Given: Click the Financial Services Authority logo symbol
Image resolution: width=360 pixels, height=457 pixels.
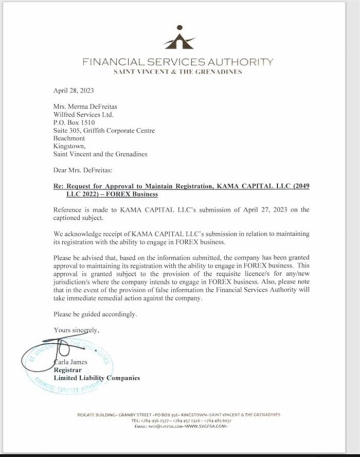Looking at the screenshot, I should [x=179, y=38].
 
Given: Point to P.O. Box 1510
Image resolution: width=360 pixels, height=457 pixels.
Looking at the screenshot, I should [x=74, y=122].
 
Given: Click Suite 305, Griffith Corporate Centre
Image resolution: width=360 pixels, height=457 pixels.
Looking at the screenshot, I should [x=104, y=131].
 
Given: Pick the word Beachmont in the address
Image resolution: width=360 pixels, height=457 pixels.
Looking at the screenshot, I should [x=69, y=138].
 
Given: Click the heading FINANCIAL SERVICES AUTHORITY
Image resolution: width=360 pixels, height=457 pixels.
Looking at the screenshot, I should [x=177, y=62].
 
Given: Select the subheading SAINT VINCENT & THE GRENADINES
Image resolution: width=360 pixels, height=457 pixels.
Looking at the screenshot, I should [x=177, y=72].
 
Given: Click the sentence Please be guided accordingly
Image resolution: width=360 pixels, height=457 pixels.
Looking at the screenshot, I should [x=95, y=313].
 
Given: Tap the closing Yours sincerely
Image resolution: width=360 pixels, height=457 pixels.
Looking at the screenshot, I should [x=77, y=329].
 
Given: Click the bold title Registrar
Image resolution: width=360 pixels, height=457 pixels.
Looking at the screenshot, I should [x=68, y=370].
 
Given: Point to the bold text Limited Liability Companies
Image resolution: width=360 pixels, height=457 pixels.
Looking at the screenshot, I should [x=97, y=378].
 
